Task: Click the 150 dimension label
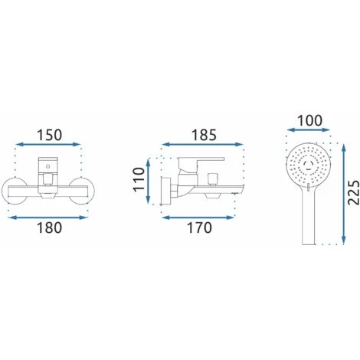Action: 50,135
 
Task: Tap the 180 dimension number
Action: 49,227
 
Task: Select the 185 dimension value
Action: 204,135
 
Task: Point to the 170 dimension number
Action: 200,227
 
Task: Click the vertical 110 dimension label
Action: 139,178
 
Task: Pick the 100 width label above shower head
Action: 310,121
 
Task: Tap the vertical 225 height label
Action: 354,192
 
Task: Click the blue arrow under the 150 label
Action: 48,145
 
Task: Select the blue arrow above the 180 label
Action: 48,218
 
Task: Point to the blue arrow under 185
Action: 202,145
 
